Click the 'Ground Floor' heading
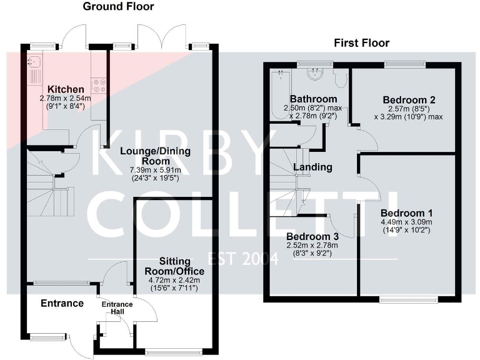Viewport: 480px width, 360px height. point(119,7)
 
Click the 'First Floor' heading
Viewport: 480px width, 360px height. point(361,43)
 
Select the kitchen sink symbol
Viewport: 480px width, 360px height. point(33,62)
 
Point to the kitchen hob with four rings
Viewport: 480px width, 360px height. point(99,85)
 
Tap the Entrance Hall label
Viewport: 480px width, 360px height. point(117,308)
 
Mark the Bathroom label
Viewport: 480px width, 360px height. point(313,99)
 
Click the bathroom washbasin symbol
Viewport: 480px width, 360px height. point(314,74)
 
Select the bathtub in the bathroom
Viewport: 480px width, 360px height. point(279,94)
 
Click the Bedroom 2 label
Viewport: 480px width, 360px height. point(409,100)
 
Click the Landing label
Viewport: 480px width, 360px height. point(312,167)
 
